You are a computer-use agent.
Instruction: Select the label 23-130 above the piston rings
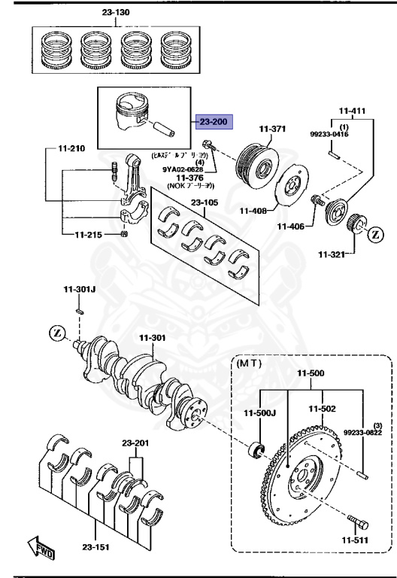pos(115,13)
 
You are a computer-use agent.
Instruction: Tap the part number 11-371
pos(273,129)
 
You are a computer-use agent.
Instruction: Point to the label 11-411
pos(351,111)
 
